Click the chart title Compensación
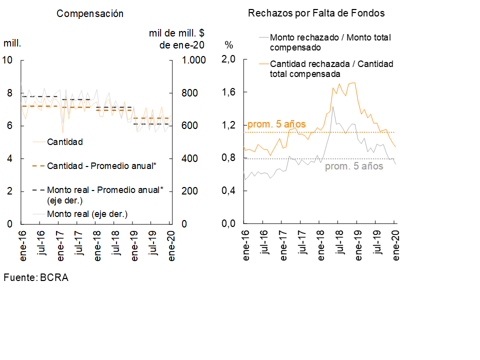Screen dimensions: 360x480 [x=90, y=13]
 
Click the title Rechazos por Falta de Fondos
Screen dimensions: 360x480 [x=316, y=13]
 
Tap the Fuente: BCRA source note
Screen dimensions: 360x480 [x=36, y=277]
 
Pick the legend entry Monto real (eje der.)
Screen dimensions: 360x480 [x=87, y=214]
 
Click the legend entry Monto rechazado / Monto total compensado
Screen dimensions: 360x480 [x=330, y=42]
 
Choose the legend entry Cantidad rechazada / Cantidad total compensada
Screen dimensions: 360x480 [x=331, y=69]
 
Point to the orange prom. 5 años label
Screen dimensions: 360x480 [x=276, y=124]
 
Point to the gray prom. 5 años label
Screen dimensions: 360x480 [x=354, y=166]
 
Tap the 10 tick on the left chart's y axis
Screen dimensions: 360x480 [x=7, y=60]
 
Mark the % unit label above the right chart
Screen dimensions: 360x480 [x=229, y=44]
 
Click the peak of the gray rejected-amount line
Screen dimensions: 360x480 [x=333, y=106]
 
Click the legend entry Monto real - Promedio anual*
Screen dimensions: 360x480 [x=105, y=190]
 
